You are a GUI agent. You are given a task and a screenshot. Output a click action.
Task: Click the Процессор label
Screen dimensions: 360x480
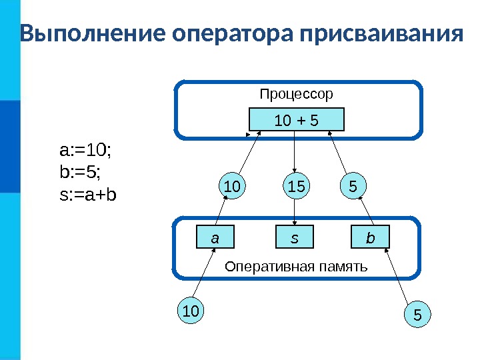(x=296, y=94)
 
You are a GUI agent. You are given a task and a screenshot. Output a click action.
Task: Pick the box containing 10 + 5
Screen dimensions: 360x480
(x=296, y=120)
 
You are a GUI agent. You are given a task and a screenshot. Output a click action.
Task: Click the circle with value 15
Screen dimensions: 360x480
(x=296, y=187)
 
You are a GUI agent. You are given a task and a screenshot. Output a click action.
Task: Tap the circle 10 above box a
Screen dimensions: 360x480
(x=233, y=187)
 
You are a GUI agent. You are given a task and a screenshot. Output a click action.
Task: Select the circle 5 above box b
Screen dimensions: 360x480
(x=353, y=187)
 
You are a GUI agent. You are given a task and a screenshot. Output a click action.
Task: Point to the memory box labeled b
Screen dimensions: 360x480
(x=371, y=237)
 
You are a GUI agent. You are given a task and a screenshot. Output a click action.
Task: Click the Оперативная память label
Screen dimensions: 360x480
(x=296, y=267)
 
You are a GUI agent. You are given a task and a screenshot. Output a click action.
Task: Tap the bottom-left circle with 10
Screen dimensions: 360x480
(x=191, y=311)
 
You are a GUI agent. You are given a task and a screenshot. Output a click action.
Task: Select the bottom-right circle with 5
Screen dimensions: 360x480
(x=418, y=313)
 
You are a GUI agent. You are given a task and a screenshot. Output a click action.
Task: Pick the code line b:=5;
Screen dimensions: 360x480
(x=80, y=173)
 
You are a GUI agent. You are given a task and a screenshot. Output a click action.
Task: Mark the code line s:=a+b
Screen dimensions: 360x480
(x=88, y=195)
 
